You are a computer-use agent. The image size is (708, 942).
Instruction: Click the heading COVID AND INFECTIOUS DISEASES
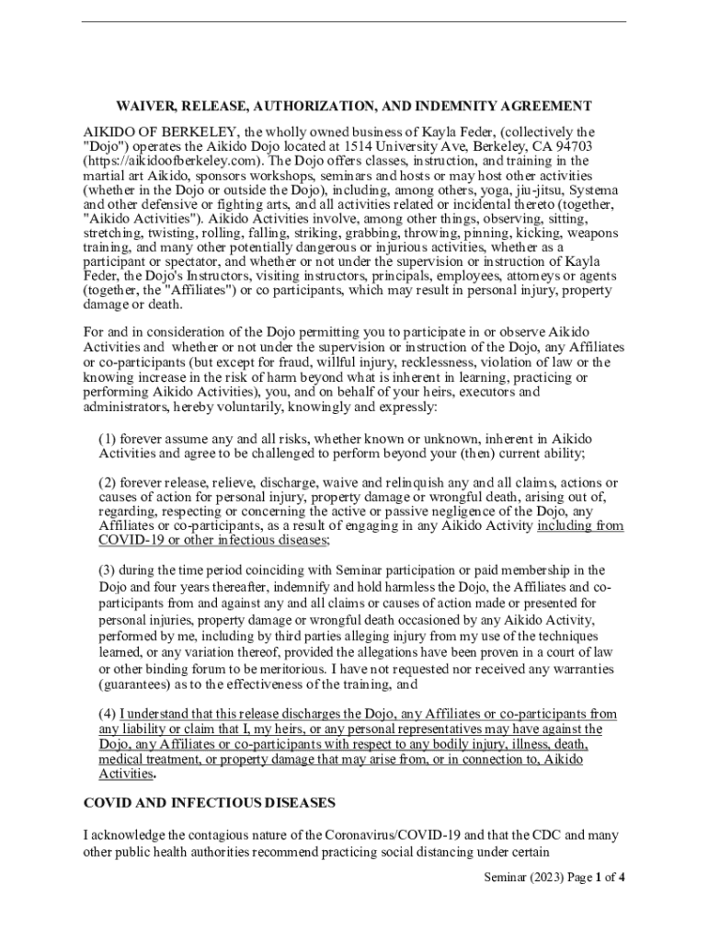click(x=210, y=803)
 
